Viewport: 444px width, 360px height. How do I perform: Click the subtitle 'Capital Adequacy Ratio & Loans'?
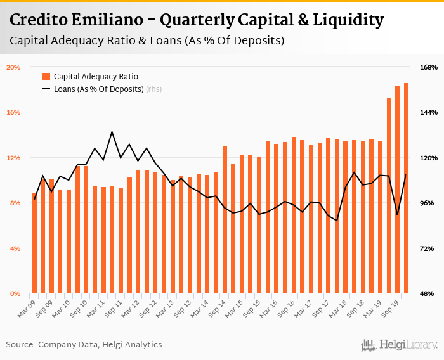click(x=147, y=41)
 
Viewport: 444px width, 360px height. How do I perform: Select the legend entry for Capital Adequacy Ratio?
click(x=96, y=76)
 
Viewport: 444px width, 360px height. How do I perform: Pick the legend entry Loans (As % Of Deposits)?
click(x=98, y=89)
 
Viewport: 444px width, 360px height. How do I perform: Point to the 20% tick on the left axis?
click(x=13, y=67)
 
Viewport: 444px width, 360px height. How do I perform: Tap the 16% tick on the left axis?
click(x=13, y=112)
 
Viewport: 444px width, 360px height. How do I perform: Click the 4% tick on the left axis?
click(x=15, y=248)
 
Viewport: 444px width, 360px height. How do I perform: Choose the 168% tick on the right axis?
click(x=429, y=67)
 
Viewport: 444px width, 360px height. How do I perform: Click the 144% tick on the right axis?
click(x=429, y=112)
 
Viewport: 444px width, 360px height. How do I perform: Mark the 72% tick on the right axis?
click(x=429, y=248)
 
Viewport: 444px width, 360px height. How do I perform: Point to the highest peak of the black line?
click(x=112, y=132)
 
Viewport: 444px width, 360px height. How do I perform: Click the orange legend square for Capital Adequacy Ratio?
click(x=46, y=76)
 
